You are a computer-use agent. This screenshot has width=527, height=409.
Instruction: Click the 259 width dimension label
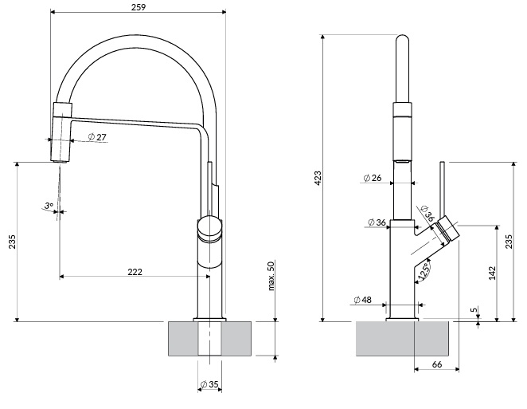[139, 6]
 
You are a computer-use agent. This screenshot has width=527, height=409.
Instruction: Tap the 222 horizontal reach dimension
[135, 271]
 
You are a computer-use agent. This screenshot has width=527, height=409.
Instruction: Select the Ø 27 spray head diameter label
[97, 137]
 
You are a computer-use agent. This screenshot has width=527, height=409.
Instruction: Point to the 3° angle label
[49, 206]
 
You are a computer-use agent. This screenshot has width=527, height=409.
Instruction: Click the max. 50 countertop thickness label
[271, 276]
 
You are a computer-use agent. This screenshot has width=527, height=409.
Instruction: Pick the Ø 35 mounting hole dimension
[209, 384]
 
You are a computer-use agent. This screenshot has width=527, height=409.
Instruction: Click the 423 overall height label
[318, 178]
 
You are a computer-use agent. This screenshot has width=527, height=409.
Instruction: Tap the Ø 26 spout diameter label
[373, 178]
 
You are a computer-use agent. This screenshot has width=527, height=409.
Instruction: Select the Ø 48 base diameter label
[363, 299]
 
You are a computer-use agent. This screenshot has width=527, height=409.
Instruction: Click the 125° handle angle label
[424, 273]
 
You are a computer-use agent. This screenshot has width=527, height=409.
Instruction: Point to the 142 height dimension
[492, 273]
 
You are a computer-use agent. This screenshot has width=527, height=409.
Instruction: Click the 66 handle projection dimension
[436, 364]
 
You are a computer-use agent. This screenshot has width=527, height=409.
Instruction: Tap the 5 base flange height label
[474, 309]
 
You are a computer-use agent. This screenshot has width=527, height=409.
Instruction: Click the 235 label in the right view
[509, 242]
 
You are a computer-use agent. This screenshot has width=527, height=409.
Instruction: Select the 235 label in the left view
[12, 242]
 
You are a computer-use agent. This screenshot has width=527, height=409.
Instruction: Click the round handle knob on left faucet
[209, 228]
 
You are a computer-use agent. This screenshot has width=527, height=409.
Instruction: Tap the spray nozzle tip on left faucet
[61, 162]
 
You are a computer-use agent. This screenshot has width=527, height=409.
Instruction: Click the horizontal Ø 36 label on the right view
[377, 222]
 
